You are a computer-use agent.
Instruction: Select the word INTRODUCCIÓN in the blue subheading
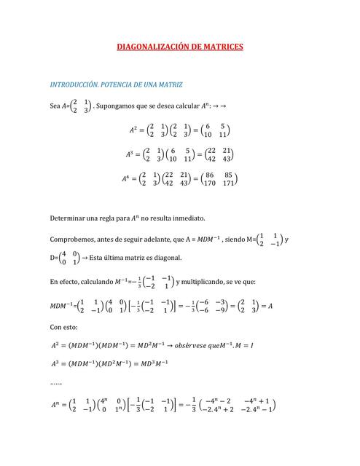73,84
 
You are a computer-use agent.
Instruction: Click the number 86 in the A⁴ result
210,175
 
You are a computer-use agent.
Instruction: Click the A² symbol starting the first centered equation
133,130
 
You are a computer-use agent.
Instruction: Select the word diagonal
157,258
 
